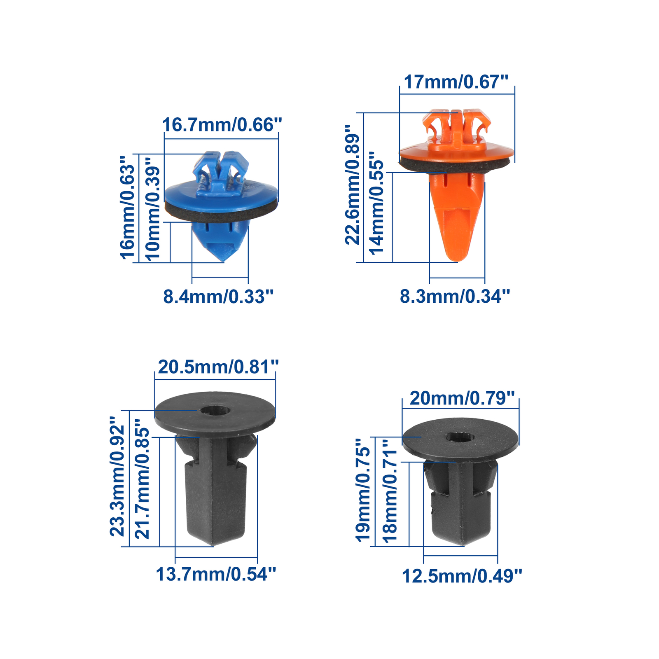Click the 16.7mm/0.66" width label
(x=222, y=125)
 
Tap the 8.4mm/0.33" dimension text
(x=218, y=297)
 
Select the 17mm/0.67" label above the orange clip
(x=456, y=82)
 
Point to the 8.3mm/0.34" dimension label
(x=455, y=296)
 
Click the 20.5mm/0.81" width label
(x=218, y=367)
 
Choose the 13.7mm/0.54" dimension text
(x=216, y=574)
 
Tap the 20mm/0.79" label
(x=462, y=398)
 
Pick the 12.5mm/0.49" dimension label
(x=462, y=576)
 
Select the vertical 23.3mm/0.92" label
(x=117, y=476)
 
